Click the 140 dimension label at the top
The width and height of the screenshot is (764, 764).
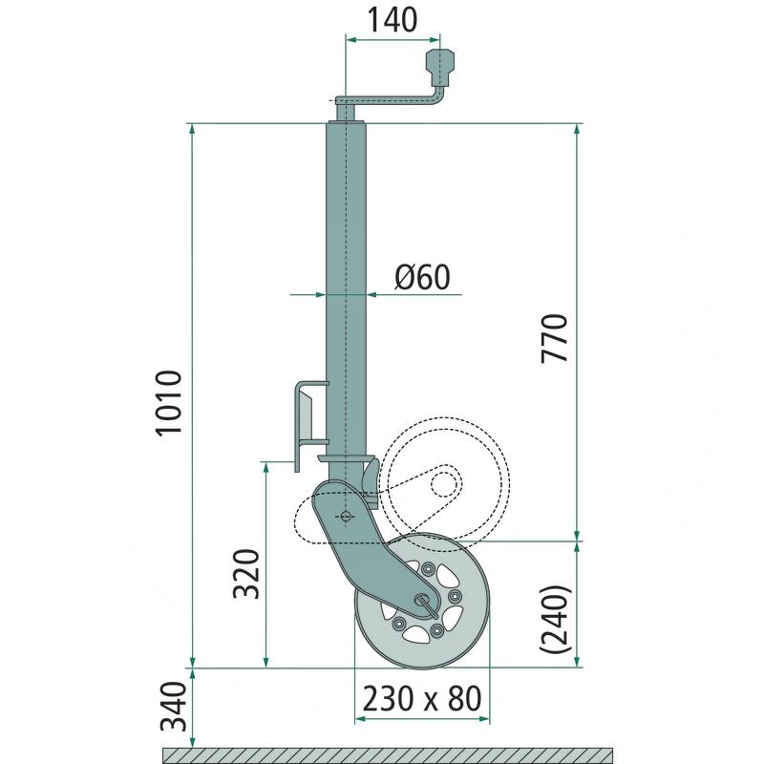pos(392,20)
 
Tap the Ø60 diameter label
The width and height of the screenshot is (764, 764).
pos(422,277)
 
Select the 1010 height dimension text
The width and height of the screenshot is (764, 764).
pos(169,402)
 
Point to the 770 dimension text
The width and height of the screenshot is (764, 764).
pos(555,338)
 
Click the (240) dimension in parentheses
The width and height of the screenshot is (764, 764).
pos(555,619)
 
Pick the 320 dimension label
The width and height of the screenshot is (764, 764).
pos(246,574)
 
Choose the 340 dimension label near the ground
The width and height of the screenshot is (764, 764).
pos(174,707)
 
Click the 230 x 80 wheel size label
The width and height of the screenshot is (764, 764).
pos(422,698)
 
